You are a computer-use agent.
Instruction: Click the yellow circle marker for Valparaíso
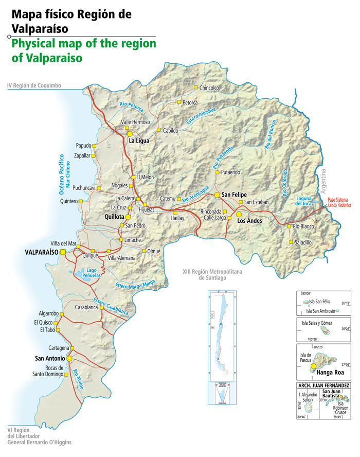[63, 252]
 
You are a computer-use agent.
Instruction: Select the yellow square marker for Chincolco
[195, 88]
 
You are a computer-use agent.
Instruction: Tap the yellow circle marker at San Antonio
[69, 358]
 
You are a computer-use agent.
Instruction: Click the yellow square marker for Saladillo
[291, 242]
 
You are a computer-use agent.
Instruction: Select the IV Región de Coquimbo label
[33, 85]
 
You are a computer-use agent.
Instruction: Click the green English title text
[83, 51]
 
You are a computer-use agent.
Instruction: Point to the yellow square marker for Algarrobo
[62, 314]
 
